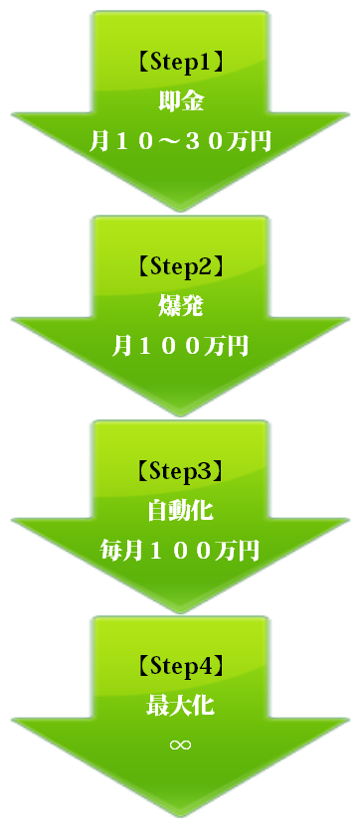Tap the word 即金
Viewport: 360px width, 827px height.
pyautogui.click(x=180, y=101)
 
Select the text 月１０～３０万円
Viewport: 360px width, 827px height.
pyautogui.click(x=180, y=140)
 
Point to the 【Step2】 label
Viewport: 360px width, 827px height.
pyautogui.click(x=180, y=267)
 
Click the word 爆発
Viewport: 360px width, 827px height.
pyautogui.click(x=180, y=306)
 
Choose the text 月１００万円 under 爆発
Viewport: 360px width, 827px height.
pyautogui.click(x=180, y=345)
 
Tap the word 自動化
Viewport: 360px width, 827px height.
pyautogui.click(x=180, y=511)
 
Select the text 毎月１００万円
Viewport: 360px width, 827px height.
pyautogui.click(x=180, y=550)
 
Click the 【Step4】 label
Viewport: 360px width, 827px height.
pyautogui.click(x=180, y=664)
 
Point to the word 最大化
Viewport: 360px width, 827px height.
pyautogui.click(x=180, y=706)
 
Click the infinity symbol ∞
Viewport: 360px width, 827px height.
pyautogui.click(x=180, y=744)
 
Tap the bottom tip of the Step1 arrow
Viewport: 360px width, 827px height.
pyautogui.click(x=180, y=208)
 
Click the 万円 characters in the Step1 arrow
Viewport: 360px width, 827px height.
pyautogui.click(x=249, y=140)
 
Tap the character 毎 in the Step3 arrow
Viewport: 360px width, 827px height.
pyautogui.click(x=111, y=550)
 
